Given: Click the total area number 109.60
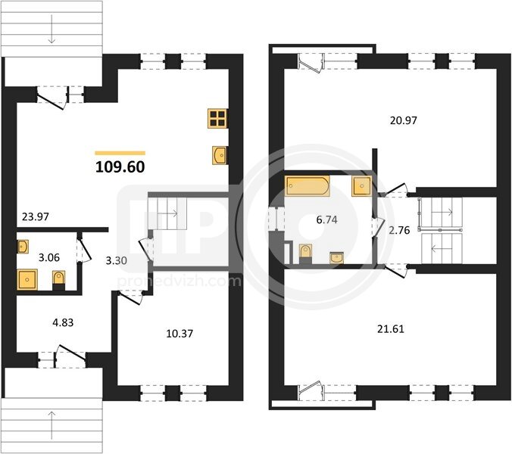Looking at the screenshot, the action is pos(120,167).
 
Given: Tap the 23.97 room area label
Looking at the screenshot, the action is pos(36,216).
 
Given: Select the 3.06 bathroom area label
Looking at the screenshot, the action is pos(49,258).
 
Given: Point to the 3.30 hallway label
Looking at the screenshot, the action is pos(116,260).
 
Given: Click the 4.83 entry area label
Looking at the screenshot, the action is pos(63,323).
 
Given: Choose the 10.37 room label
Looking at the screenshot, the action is pos(180,334).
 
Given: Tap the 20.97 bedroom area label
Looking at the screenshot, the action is pos(404,120).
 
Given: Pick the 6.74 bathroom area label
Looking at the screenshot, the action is pos(327,220).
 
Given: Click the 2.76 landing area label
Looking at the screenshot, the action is pos(399,230).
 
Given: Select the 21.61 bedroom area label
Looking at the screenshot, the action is pos(391,329).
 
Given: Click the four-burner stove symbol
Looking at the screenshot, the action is pos(217,118).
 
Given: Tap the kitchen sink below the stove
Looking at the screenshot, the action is pos(220,155).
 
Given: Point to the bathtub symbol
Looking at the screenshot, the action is pos(307,186).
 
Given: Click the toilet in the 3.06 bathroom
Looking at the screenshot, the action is pos(59,280).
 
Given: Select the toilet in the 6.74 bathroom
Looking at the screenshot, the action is pos(305,253).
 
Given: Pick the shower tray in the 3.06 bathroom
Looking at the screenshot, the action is pos(27,280).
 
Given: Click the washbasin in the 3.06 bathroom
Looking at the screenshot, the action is pos(23,247).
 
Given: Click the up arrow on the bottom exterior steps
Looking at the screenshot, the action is pos(52,425).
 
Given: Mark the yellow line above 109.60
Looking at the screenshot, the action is pos(120,153).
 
